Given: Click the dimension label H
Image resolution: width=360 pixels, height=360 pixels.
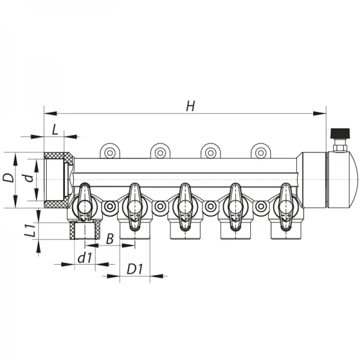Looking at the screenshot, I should pyautogui.click(x=190, y=106).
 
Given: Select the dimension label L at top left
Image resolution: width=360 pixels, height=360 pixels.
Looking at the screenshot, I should pyautogui.click(x=55, y=128).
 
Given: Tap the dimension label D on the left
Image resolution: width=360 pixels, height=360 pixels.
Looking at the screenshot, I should pyautogui.click(x=8, y=178).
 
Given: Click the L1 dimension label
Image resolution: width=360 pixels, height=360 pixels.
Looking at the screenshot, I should pyautogui.click(x=23, y=230).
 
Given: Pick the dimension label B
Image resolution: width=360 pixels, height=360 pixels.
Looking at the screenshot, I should pyautogui.click(x=109, y=238).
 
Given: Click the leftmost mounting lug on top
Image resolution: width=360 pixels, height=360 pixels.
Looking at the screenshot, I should pyautogui.click(x=110, y=152).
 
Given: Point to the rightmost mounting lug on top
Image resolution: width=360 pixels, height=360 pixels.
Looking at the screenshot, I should pyautogui.click(x=260, y=152).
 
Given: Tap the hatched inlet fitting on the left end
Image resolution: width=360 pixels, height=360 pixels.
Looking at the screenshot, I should pyautogui.click(x=58, y=179).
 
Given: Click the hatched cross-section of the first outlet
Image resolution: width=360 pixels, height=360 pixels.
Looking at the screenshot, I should pyautogui.click(x=84, y=230).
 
